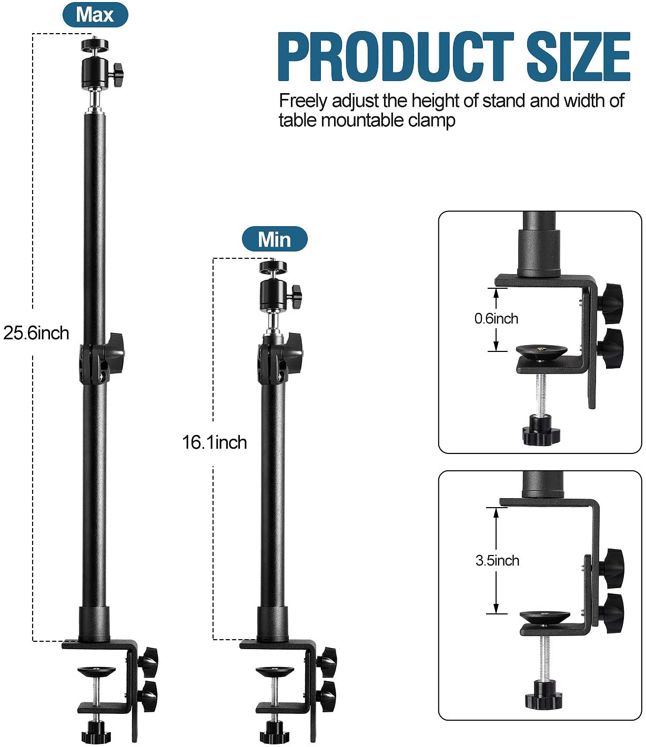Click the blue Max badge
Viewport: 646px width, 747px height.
(95, 15)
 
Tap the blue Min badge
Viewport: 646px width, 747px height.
(274, 239)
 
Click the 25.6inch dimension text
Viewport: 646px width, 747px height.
(36, 333)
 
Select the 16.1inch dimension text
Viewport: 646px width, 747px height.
(215, 442)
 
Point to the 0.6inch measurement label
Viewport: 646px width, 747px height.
(496, 319)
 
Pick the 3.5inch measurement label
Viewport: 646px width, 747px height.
(497, 561)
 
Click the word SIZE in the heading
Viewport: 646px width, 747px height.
(578, 57)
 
